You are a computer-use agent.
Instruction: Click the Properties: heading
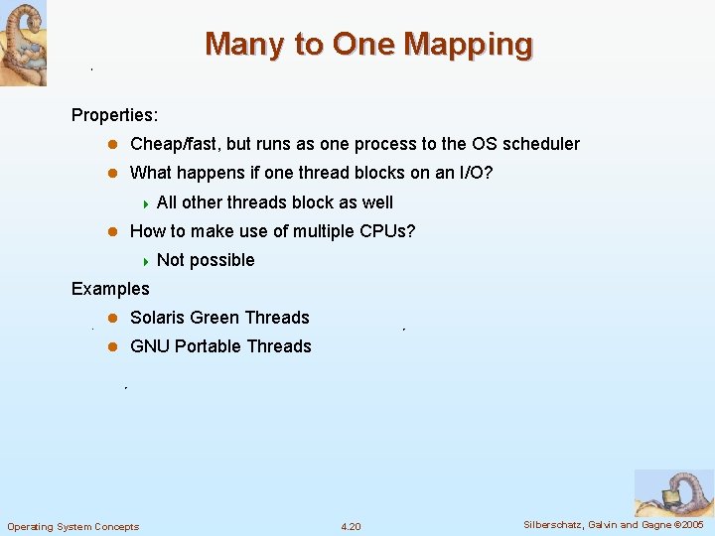pyautogui.click(x=114, y=115)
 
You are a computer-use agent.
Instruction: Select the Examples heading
pyautogui.click(x=110, y=289)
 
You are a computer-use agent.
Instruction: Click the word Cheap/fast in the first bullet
pyautogui.click(x=176, y=144)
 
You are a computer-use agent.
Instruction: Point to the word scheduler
pyautogui.click(x=541, y=144)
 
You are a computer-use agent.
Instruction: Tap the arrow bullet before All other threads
pyautogui.click(x=145, y=202)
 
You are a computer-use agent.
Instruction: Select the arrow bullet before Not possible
pyautogui.click(x=145, y=260)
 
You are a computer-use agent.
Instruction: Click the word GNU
pyautogui.click(x=150, y=346)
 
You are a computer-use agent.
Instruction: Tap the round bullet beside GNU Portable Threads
pyautogui.click(x=113, y=346)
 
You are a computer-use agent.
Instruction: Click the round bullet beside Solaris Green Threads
pyautogui.click(x=113, y=318)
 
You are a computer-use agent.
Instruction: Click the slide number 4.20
pyautogui.click(x=351, y=526)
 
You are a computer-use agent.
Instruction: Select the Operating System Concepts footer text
pyautogui.click(x=72, y=526)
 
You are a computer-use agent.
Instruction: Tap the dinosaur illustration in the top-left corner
pyautogui.click(x=23, y=43)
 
